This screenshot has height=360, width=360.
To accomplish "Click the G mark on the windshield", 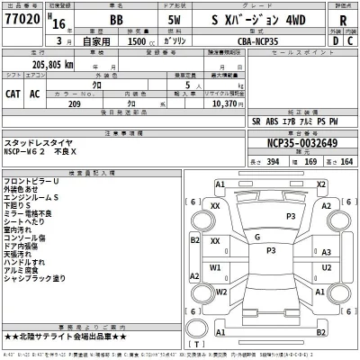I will tap(258, 237).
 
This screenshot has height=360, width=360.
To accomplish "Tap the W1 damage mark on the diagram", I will tap(216, 267).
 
